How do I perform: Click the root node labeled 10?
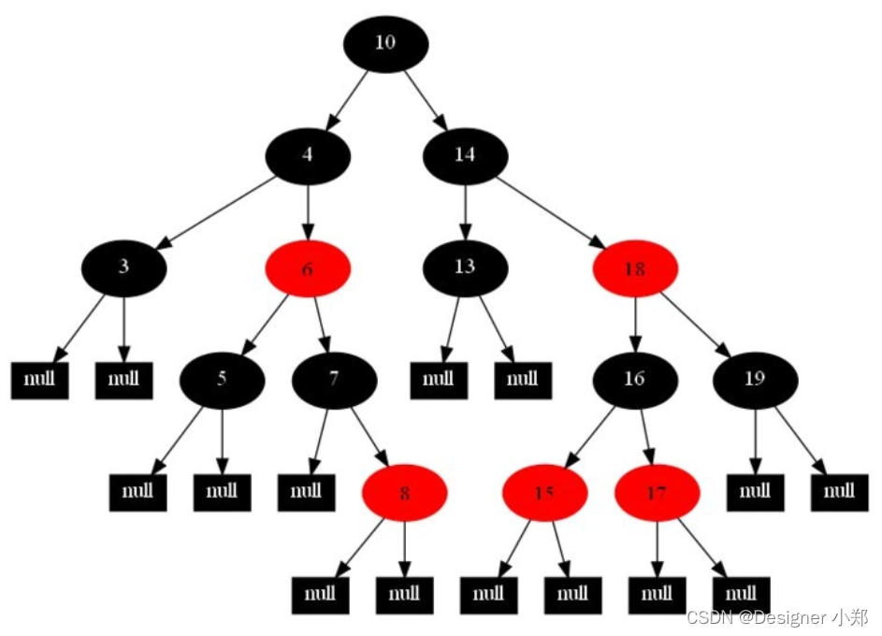[x=385, y=43]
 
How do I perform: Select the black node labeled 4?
[x=308, y=155]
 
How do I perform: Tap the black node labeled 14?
[x=465, y=155]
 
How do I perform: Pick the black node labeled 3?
[x=123, y=267]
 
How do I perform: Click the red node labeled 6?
[x=308, y=269]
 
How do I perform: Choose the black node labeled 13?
[x=465, y=267]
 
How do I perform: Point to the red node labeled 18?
[x=634, y=269]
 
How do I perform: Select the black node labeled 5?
[x=222, y=379]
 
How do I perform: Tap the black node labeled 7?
[x=334, y=379]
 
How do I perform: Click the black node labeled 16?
[x=634, y=379]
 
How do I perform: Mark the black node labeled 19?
[x=755, y=379]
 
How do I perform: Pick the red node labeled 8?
[x=404, y=492]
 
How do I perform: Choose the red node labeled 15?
[x=544, y=492]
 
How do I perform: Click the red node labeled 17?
[x=657, y=492]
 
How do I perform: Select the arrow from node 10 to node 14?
[x=427, y=100]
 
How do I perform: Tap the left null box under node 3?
[x=39, y=380]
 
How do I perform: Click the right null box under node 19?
[x=839, y=490]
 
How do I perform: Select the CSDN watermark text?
[x=777, y=617]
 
